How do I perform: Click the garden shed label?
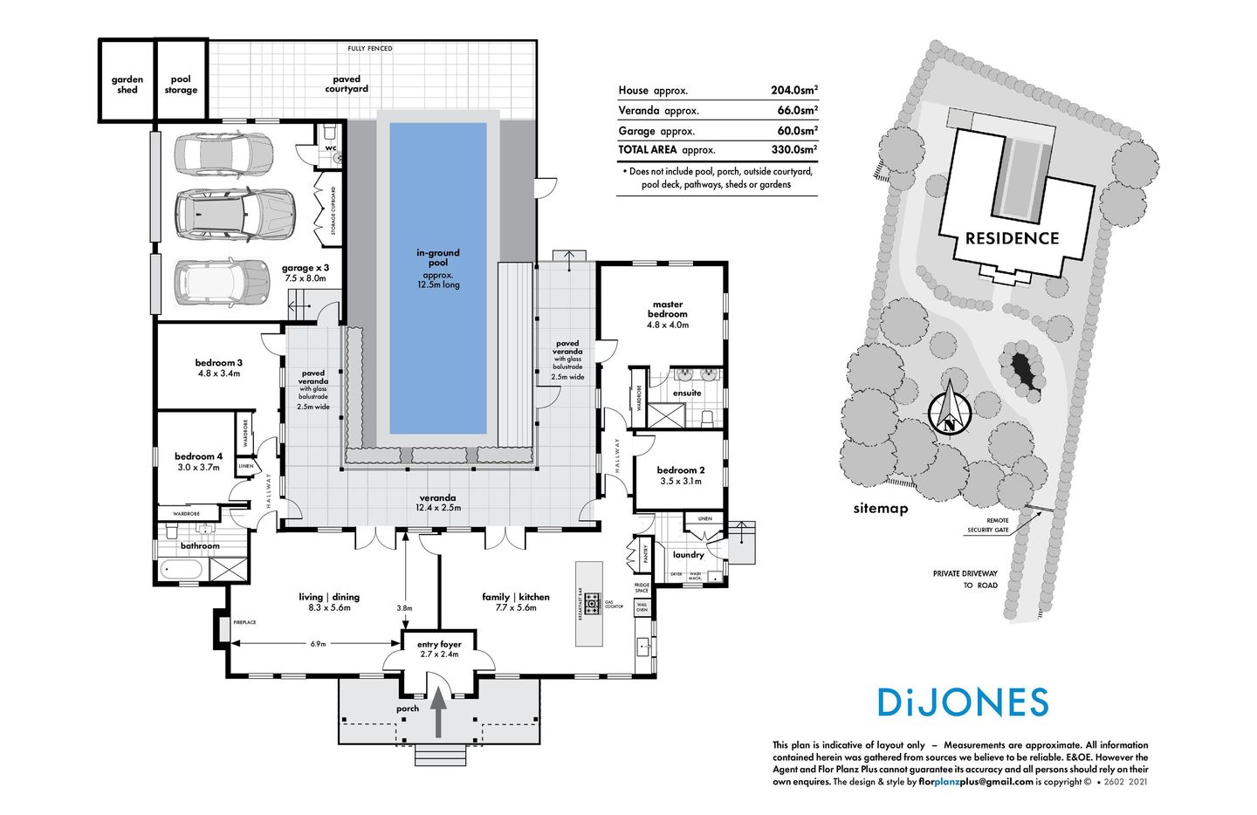pos(127,85)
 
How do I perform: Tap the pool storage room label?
pos(181,85)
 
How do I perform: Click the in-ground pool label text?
pos(437,257)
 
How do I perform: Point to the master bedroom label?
pos(668,310)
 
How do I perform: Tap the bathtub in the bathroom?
pos(182,570)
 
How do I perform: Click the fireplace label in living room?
pos(244,622)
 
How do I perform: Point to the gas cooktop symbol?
pos(593,602)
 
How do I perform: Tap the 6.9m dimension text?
pos(318,644)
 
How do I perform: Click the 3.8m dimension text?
pos(404,608)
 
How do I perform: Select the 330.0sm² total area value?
pos(793,150)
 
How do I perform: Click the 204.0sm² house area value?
pos(793,90)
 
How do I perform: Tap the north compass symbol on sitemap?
pos(949,413)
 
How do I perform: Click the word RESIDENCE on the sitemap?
pos(1012,238)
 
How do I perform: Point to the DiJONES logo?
pos(962,702)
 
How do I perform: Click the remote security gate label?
pos(987,525)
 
